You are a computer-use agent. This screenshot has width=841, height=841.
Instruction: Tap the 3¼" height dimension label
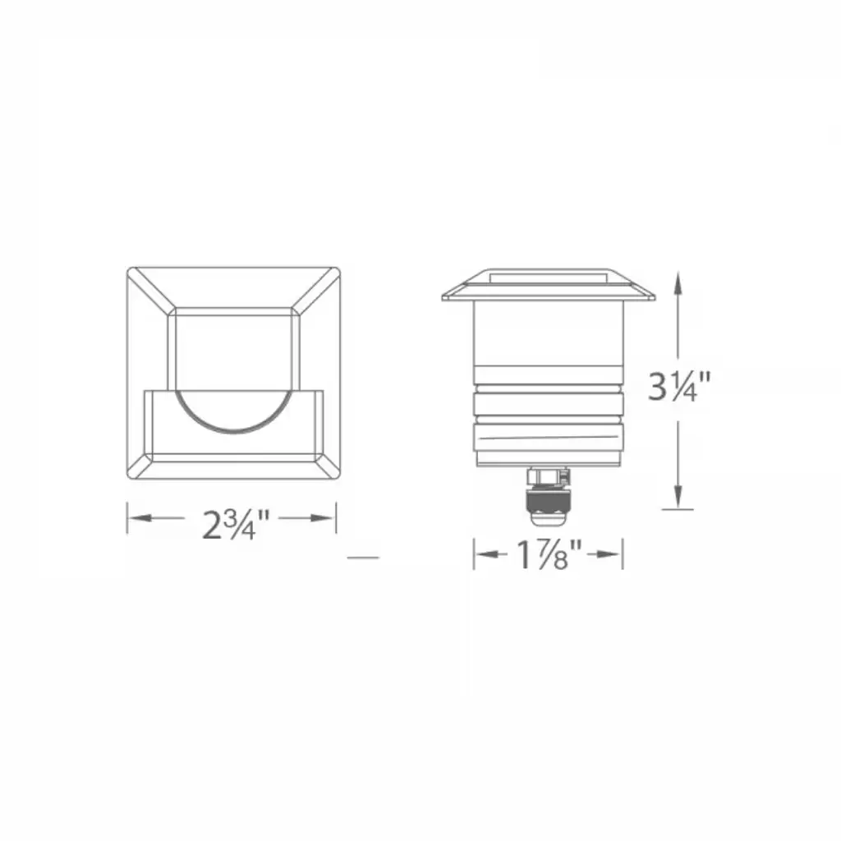pyautogui.click(x=679, y=386)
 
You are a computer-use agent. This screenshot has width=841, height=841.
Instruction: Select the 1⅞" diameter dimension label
pyautogui.click(x=549, y=554)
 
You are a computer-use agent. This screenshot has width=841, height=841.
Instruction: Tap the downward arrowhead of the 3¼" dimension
pyautogui.click(x=678, y=496)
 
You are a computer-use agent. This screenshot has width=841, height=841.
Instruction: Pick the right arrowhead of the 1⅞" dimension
pyautogui.click(x=610, y=554)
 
